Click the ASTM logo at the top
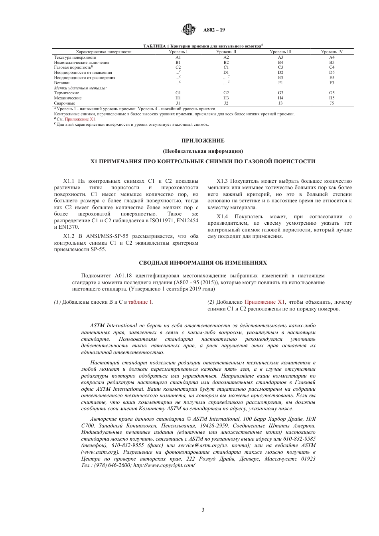[x=189, y=30]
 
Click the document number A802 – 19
[x=214, y=30]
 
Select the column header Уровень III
[x=280, y=52]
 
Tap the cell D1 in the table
[x=226, y=73]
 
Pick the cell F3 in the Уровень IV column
[x=332, y=83]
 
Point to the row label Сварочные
[x=65, y=103]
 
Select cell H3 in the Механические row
[x=226, y=98]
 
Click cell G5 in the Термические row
[x=332, y=93]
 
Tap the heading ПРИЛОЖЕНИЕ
[x=203, y=140]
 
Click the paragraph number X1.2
[x=70, y=236]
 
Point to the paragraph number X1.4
[x=223, y=217]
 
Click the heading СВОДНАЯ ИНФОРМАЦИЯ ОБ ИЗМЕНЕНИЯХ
[x=203, y=263]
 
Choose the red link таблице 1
[x=140, y=302]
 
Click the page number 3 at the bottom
[x=203, y=510]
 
